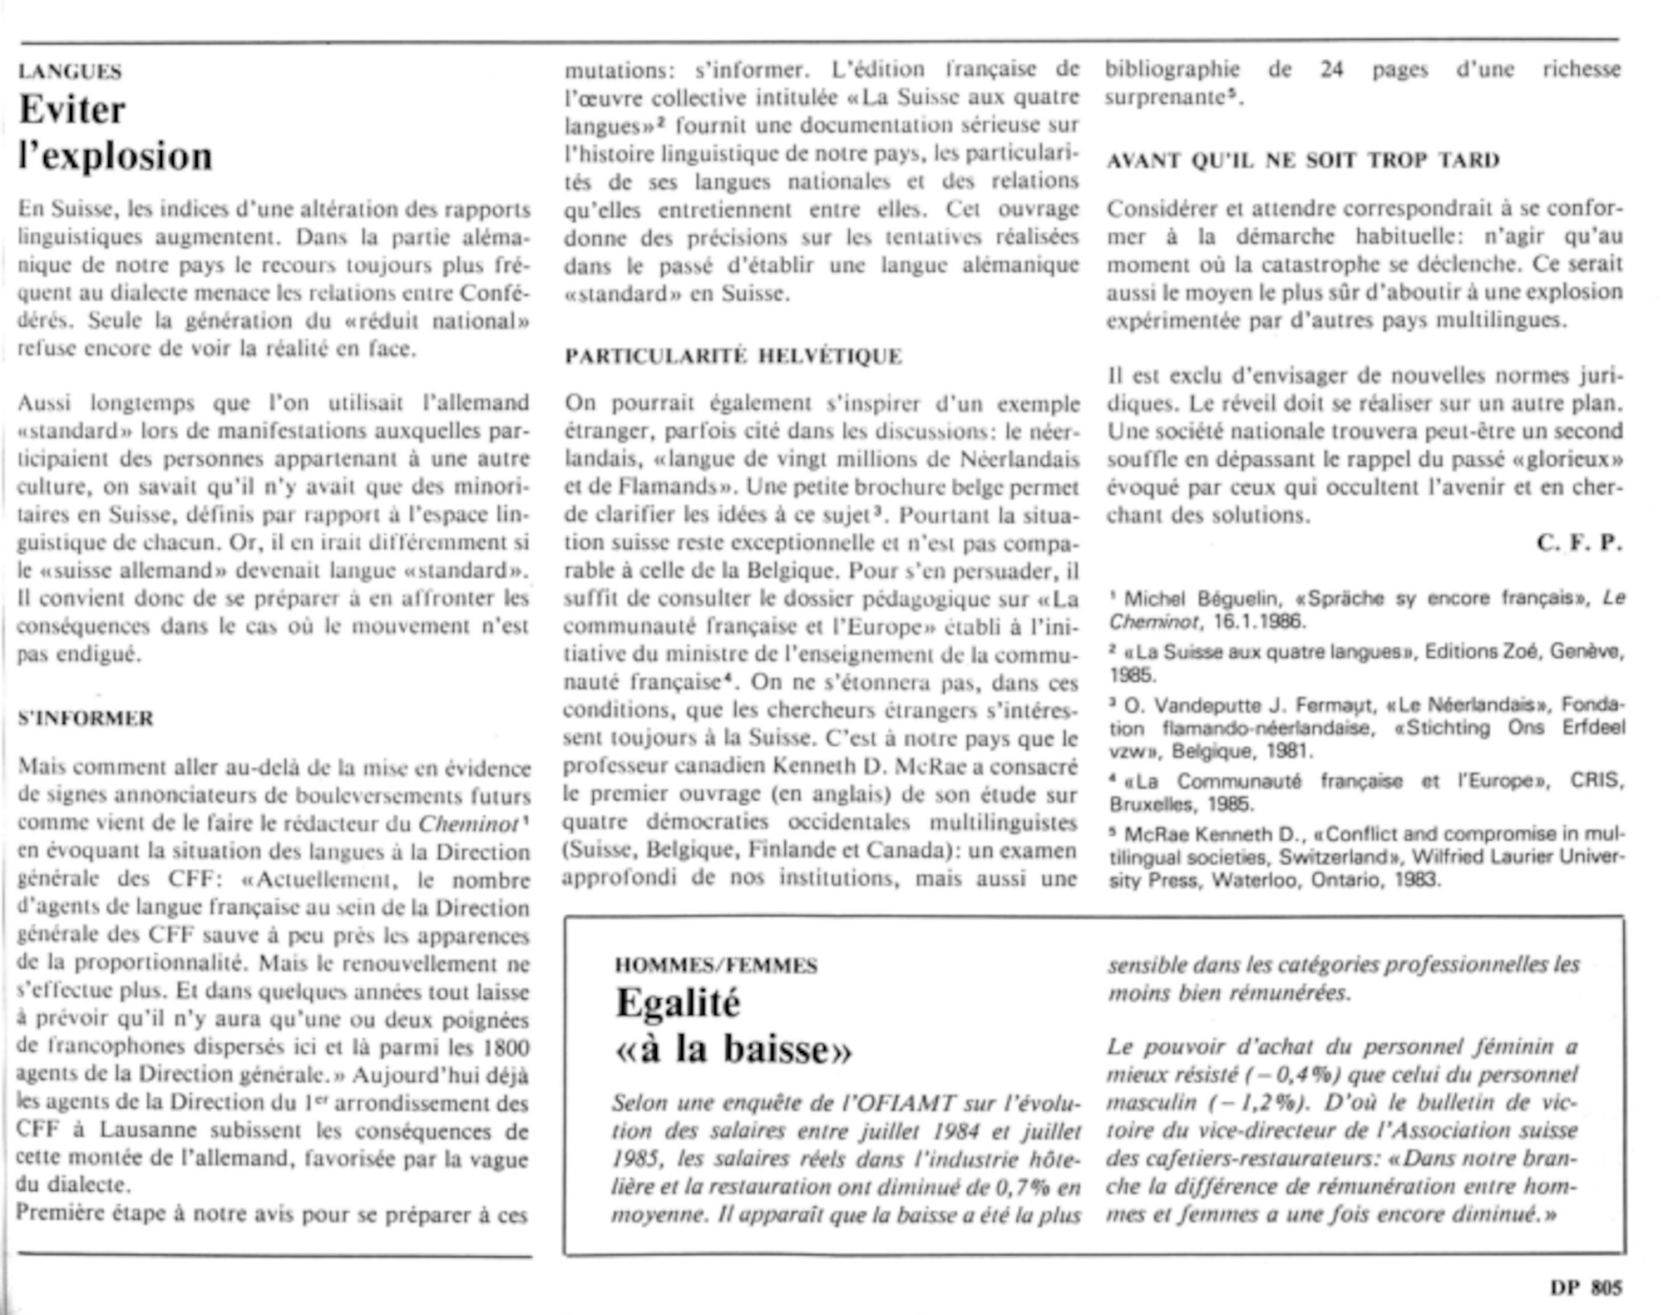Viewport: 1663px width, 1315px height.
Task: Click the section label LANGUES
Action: [70, 72]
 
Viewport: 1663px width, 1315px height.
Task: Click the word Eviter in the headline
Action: [72, 110]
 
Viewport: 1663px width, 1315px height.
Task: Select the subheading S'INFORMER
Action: [86, 718]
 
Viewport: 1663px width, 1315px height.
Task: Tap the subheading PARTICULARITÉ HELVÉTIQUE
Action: [733, 356]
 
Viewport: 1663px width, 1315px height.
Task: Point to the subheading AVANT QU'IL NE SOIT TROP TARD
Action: [1303, 161]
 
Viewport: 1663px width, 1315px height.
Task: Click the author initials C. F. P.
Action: [1579, 543]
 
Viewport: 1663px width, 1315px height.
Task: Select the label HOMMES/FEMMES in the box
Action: [716, 966]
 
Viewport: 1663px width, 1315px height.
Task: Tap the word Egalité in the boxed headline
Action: [678, 1003]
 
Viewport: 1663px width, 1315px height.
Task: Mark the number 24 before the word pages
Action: [1332, 69]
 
